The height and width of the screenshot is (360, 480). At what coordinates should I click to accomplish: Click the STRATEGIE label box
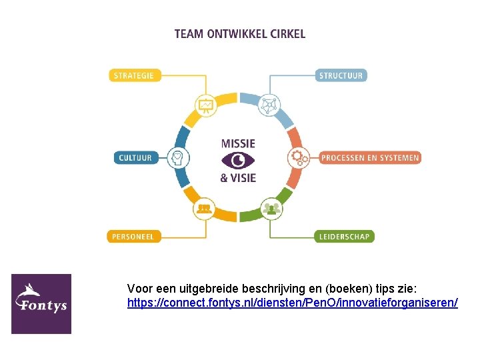133,75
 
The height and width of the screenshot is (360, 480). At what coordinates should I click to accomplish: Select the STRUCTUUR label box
341,75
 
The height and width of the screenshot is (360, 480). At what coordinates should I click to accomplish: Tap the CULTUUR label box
135,158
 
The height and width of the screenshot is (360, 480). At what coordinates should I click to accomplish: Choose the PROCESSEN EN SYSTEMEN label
370,158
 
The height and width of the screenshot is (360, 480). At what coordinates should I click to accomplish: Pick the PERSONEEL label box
133,236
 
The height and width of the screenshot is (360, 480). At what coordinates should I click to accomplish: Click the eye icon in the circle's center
238,161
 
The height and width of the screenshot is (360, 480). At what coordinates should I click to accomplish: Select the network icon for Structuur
270,105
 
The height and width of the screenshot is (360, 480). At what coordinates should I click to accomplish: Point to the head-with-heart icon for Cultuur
178,158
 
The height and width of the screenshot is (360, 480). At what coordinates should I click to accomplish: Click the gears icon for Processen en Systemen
298,158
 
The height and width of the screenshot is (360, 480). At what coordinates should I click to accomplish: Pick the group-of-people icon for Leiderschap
270,209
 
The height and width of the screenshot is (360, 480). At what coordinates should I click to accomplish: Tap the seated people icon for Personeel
205,209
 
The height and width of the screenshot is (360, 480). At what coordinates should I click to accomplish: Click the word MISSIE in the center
238,143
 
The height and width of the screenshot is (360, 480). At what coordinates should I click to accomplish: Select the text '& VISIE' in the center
238,178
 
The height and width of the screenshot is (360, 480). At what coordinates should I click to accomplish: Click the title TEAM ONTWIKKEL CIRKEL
240,33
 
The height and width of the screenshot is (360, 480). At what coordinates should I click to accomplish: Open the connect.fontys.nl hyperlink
292,303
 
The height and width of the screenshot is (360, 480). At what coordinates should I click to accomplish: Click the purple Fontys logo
41,303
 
